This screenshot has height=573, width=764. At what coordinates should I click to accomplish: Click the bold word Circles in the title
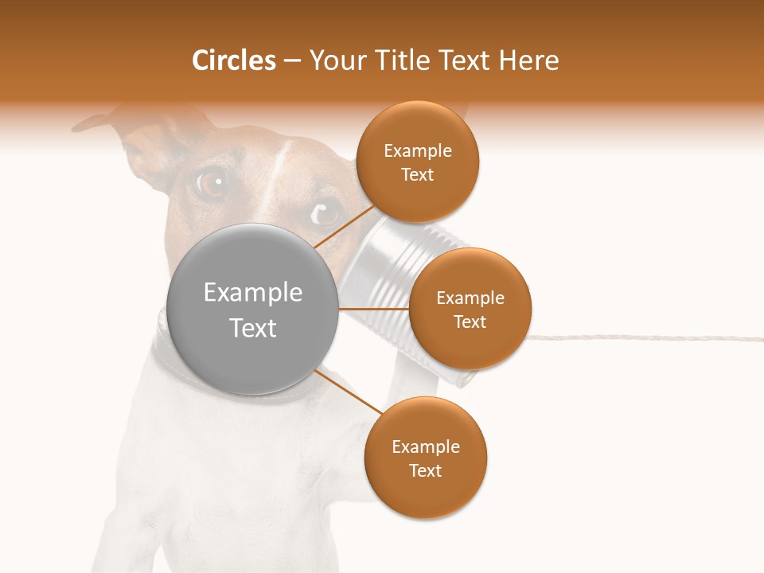pyautogui.click(x=233, y=60)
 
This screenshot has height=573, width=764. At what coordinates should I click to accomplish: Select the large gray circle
pyautogui.click(x=253, y=310)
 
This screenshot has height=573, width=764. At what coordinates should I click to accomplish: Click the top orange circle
pyautogui.click(x=417, y=162)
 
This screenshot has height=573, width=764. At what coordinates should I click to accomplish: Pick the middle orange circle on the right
pyautogui.click(x=470, y=309)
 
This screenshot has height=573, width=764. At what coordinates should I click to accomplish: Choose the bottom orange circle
pyautogui.click(x=425, y=458)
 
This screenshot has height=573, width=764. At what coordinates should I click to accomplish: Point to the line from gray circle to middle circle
pyautogui.click(x=374, y=309)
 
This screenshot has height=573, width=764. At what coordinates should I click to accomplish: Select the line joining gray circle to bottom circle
pyautogui.click(x=347, y=392)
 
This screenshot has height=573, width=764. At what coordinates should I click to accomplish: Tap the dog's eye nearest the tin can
pyautogui.click(x=325, y=212)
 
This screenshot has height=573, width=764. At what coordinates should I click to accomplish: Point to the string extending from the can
pyautogui.click(x=637, y=337)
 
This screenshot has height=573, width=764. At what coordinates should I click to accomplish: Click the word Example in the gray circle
pyautogui.click(x=253, y=293)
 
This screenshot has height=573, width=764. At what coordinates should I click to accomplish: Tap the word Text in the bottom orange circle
pyautogui.click(x=425, y=471)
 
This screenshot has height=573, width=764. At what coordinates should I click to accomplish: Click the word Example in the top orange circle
pyautogui.click(x=417, y=151)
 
